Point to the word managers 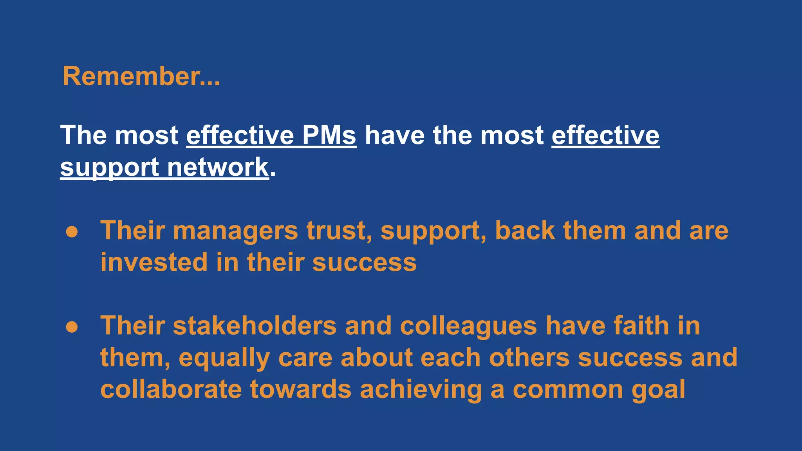coord(235,231)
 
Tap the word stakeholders coord(255,326)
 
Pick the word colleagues coord(468,327)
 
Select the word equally coord(224,358)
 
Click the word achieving coord(421,390)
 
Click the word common coord(568,390)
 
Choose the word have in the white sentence coord(395,135)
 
